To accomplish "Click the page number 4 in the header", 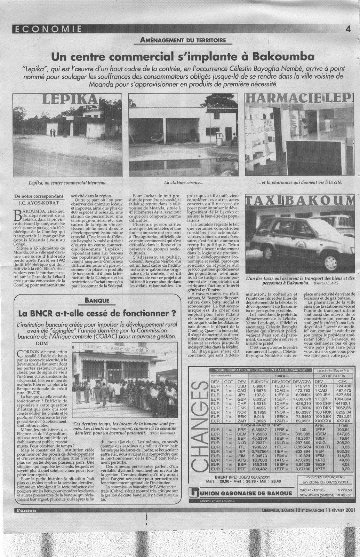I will click(x=347, y=30).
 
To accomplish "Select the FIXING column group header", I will click(x=280, y=376).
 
